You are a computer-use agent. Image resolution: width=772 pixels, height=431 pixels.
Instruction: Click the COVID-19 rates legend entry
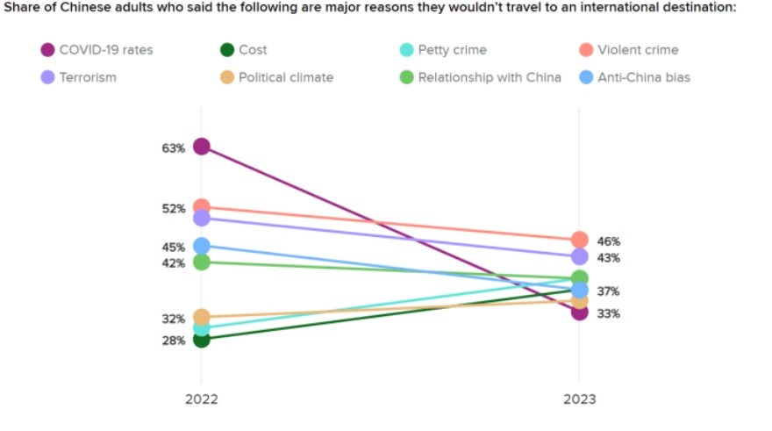[x=96, y=50]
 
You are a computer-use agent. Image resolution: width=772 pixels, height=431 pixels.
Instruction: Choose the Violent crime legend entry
[x=628, y=50]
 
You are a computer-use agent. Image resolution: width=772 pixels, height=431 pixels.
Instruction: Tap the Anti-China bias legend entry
[x=634, y=77]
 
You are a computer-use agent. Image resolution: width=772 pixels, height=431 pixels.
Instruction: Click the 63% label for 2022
[x=173, y=148]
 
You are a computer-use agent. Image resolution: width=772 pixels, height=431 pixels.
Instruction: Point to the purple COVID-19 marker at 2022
[x=201, y=147]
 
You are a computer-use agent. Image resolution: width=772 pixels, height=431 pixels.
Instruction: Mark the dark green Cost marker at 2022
[x=201, y=339]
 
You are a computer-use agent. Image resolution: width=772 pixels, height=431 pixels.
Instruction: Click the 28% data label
[x=173, y=341]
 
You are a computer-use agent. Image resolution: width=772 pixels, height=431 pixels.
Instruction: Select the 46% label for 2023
[x=609, y=241]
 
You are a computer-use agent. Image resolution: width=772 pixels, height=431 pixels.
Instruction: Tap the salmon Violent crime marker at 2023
[x=579, y=240]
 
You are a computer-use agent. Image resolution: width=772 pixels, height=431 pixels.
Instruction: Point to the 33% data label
[x=609, y=313]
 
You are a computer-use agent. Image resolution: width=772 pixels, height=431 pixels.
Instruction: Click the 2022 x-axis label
[x=201, y=399]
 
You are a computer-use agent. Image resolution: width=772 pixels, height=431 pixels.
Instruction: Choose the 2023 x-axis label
[x=579, y=399]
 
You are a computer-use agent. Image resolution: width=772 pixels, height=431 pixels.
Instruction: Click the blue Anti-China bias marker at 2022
[x=201, y=246]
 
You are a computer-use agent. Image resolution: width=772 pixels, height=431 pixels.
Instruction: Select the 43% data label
[x=609, y=258]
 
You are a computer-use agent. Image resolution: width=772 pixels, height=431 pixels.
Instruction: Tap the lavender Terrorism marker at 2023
[x=579, y=256]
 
